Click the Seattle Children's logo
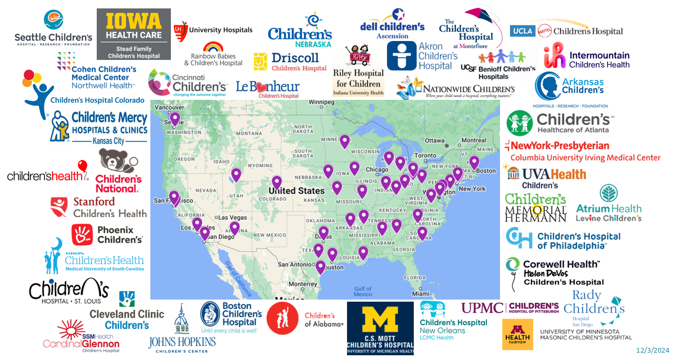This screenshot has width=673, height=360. point(53,27)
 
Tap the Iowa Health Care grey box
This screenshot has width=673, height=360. point(134,34)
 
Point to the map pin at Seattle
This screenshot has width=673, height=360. point(175,119)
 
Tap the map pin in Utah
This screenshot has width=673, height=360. point(236,174)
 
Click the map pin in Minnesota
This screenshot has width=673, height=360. point(344,141)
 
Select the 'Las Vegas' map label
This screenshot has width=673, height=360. point(232,218)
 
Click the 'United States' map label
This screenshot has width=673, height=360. point(297,191)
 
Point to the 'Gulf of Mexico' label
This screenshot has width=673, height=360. point(363,291)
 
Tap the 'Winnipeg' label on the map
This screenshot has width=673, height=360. point(321,102)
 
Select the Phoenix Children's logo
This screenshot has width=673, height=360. point(107,234)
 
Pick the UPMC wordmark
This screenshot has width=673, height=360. point(482,308)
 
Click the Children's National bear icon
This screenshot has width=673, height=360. point(117,163)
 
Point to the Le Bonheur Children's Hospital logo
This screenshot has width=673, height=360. point(268,89)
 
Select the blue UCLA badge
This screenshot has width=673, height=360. point(523,31)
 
